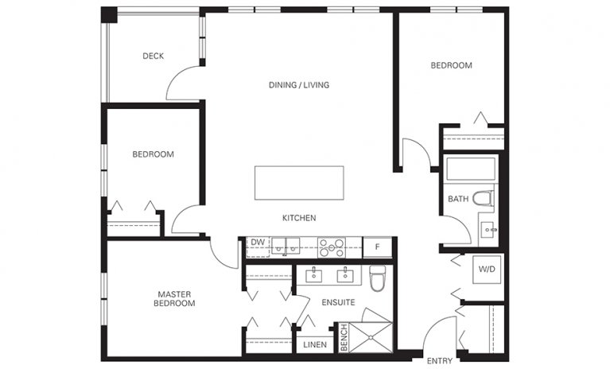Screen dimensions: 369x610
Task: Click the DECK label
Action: [153, 56]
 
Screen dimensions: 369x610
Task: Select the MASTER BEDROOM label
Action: [175, 298]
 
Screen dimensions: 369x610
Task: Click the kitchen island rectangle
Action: [299, 183]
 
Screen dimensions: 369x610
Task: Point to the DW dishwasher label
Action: [258, 243]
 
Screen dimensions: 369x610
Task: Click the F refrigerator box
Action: [378, 247]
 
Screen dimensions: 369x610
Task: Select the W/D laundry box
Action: [487, 270]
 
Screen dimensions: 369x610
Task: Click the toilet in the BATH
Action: [483, 198]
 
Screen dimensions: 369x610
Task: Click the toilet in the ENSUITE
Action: [377, 278]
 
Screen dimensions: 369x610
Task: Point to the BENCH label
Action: [344, 336]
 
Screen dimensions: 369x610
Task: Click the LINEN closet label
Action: [313, 344]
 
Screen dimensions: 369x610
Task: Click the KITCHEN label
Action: [299, 218]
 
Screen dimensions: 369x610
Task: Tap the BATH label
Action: [458, 199]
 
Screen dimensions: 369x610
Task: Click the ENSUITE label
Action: [338, 302]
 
